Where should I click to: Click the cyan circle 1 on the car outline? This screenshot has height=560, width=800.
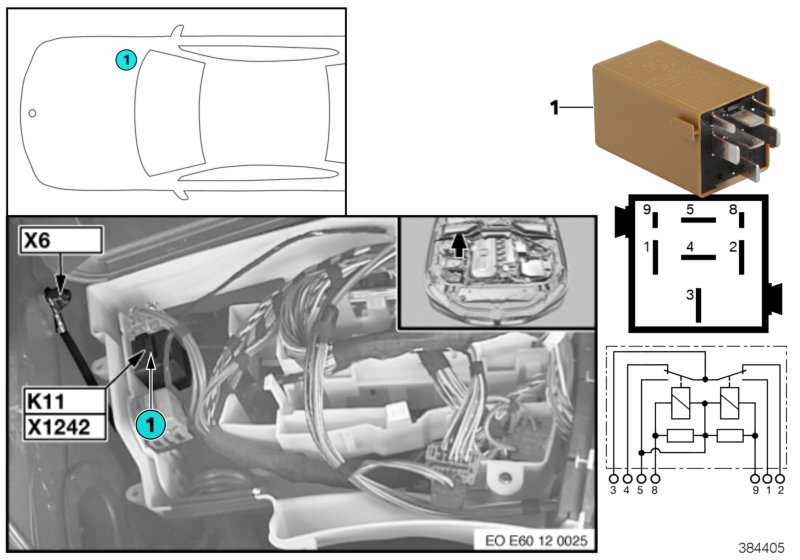(x=125, y=60)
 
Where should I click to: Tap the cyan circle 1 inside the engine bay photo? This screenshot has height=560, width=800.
(x=150, y=424)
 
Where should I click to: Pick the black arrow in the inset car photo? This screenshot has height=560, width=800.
(x=460, y=244)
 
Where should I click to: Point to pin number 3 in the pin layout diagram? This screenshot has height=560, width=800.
(x=689, y=296)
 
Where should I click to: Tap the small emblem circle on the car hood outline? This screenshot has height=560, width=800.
(x=32, y=113)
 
